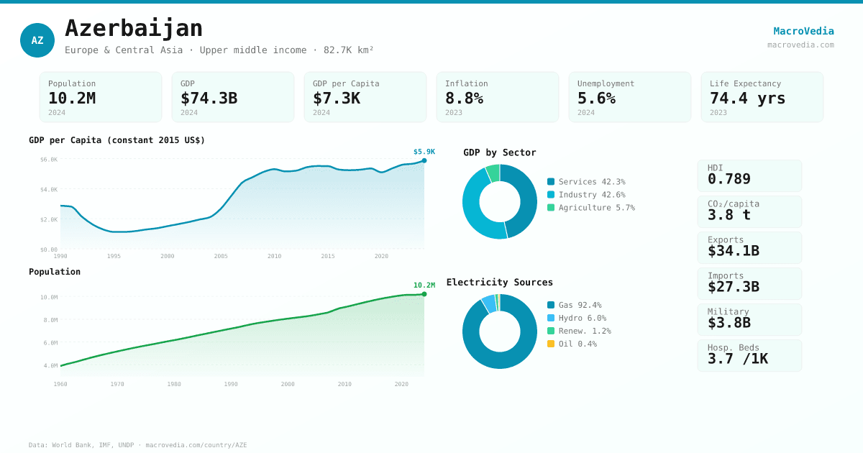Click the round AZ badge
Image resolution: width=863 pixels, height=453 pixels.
tap(37, 40)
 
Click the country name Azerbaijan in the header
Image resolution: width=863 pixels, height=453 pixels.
tap(134, 28)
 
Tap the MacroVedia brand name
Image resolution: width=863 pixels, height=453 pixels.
tap(803, 31)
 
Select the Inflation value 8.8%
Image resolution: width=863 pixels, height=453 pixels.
tap(464, 98)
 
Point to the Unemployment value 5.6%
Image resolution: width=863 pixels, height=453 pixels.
tap(596, 98)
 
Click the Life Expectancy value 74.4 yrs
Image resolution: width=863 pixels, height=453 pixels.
tap(747, 98)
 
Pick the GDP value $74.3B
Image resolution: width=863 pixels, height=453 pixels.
tap(209, 98)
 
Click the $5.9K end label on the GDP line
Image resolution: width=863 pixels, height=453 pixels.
tap(424, 152)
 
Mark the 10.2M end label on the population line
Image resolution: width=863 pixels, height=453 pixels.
tap(424, 285)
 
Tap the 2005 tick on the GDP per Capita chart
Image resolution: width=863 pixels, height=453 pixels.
tap(221, 256)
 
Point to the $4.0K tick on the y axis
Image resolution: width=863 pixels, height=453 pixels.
tap(49, 190)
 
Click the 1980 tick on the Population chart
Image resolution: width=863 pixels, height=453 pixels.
tap(174, 384)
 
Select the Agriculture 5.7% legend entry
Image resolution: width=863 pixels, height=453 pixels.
tap(596, 208)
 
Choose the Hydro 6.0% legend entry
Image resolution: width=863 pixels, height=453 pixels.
tap(582, 318)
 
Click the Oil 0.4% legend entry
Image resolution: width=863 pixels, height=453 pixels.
tap(577, 344)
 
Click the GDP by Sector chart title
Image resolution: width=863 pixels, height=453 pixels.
tap(500, 152)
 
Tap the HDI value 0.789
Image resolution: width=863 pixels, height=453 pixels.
tap(729, 179)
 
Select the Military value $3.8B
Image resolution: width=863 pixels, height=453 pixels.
tap(729, 323)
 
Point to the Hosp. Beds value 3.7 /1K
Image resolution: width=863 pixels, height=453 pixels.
tap(737, 359)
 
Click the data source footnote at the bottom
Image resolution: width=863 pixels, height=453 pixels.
tap(137, 445)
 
